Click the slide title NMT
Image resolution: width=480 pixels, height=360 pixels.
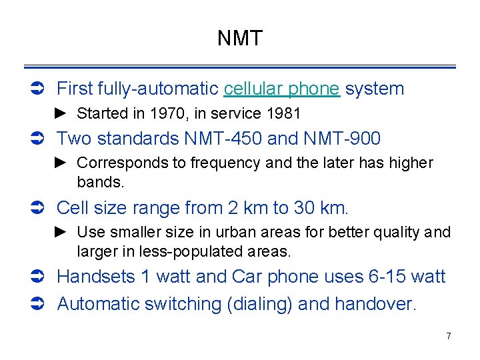[x=240, y=38]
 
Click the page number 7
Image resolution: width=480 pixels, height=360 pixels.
[x=448, y=336]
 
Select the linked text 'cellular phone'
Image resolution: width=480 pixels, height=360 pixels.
[x=282, y=89]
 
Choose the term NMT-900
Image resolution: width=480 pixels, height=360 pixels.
[x=342, y=139]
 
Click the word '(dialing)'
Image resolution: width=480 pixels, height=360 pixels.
[x=259, y=305]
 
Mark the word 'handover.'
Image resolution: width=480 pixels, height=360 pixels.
[x=375, y=305]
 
